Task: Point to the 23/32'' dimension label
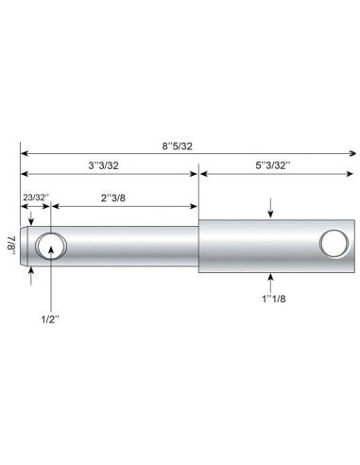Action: [x=35, y=197]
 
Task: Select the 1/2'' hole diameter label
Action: [x=49, y=319]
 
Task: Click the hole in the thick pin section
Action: [x=333, y=243]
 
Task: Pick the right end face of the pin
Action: [x=355, y=246]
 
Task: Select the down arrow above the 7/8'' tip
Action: [x=31, y=220]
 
